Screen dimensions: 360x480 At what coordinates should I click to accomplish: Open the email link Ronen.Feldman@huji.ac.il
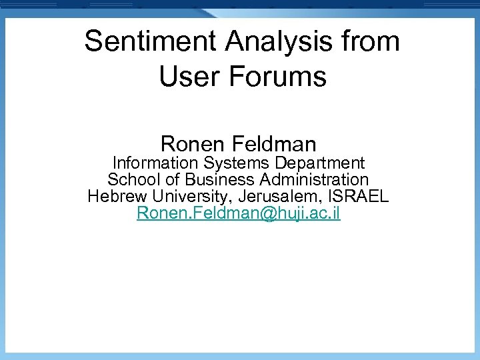pos(238,214)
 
